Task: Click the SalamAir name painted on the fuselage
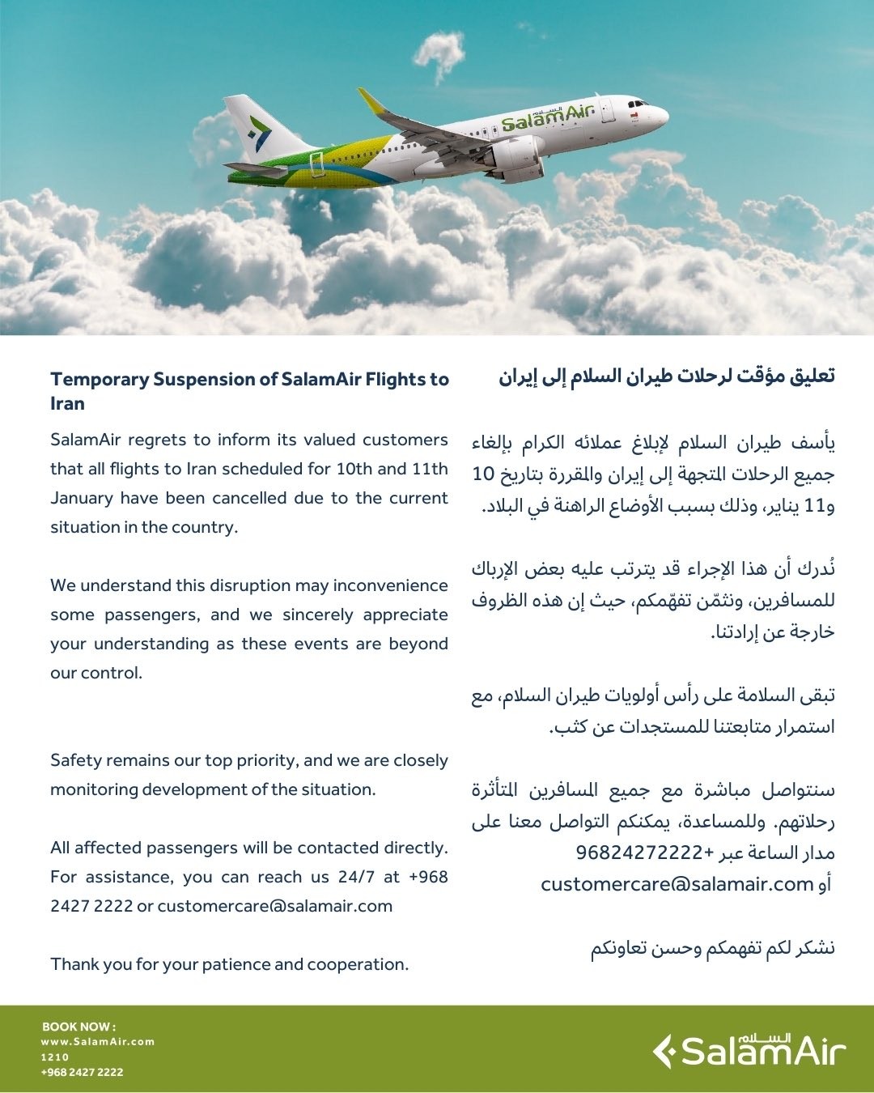(548, 118)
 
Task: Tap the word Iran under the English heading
(67, 403)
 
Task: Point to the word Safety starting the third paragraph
(76, 760)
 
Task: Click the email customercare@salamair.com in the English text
(275, 906)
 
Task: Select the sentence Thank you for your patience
(229, 964)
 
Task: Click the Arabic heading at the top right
(666, 376)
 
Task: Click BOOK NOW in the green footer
(78, 1027)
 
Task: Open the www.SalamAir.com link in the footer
(97, 1042)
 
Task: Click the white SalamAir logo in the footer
(749, 1051)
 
